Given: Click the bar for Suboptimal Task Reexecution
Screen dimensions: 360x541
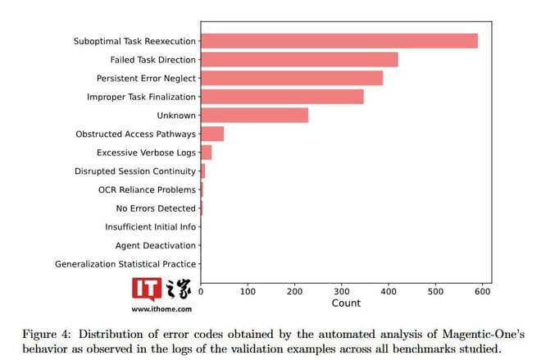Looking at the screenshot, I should pyautogui.click(x=339, y=41).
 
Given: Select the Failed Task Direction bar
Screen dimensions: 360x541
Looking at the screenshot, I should pyautogui.click(x=299, y=60).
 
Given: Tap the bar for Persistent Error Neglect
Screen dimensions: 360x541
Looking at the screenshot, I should pyautogui.click(x=292, y=78).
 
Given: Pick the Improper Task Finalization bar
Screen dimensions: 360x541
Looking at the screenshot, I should pyautogui.click(x=282, y=97).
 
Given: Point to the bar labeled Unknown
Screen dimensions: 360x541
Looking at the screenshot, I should pyautogui.click(x=254, y=116).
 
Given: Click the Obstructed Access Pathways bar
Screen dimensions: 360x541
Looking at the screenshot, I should pyautogui.click(x=212, y=134).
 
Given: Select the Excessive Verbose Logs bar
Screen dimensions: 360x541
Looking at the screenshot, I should pyautogui.click(x=206, y=153).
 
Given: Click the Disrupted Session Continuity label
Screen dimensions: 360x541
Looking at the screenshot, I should pyautogui.click(x=135, y=171).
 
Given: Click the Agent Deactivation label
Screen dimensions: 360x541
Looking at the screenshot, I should pyautogui.click(x=156, y=245).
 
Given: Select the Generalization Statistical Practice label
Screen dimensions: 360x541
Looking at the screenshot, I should pyautogui.click(x=125, y=264).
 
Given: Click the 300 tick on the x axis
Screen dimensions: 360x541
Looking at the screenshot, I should pyautogui.click(x=342, y=290).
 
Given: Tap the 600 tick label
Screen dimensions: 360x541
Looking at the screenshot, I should pyautogui.click(x=482, y=290).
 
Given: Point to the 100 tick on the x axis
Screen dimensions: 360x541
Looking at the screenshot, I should pyautogui.click(x=248, y=290).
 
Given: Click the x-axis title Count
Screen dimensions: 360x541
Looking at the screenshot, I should pyautogui.click(x=345, y=303).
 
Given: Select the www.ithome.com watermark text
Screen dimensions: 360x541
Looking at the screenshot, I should pyautogui.click(x=161, y=309).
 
